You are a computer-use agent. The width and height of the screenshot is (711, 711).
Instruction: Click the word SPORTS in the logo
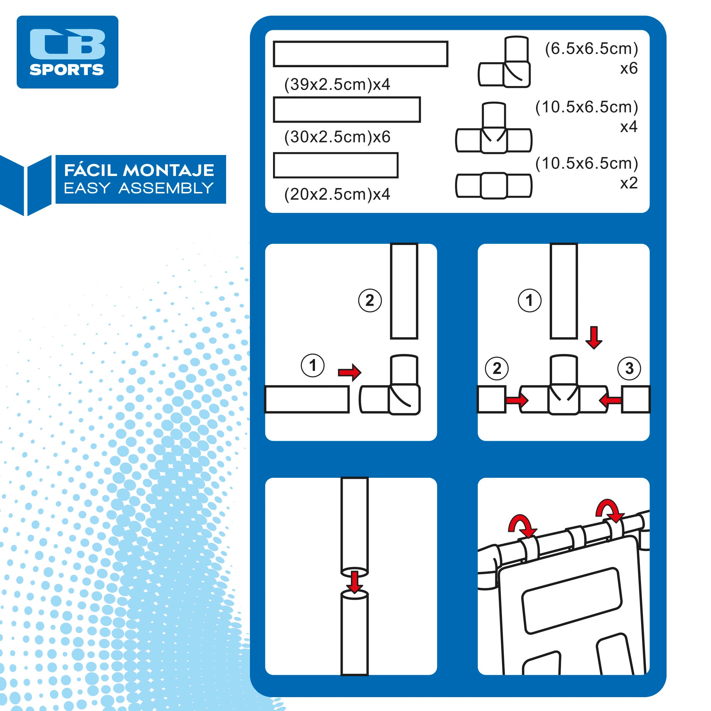coord(66,70)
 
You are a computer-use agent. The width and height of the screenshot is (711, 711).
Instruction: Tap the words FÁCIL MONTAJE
coord(139,170)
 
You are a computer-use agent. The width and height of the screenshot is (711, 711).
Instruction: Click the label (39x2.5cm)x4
coord(337,84)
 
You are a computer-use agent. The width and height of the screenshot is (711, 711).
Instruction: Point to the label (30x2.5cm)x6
coord(337,137)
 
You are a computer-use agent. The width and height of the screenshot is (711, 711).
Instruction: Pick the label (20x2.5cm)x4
coord(337,194)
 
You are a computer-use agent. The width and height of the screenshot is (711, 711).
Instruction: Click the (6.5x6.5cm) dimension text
coord(591,49)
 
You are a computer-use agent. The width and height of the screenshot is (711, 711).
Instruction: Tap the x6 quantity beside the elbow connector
coord(629,69)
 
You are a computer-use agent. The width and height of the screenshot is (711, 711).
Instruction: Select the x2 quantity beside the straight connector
coord(629,183)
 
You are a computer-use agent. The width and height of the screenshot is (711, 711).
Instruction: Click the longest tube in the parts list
coord(360,54)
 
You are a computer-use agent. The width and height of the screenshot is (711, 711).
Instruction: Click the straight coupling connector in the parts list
coord(493,186)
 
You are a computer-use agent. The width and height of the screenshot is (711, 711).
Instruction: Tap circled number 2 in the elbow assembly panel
coord(370,301)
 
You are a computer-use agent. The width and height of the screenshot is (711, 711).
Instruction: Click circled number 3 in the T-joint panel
coord(629,368)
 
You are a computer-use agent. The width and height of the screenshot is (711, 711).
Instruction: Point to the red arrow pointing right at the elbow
coord(349,373)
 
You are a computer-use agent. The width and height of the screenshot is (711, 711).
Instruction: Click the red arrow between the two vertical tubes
coord(354,582)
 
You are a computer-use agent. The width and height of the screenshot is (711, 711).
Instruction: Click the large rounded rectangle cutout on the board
coord(571,600)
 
